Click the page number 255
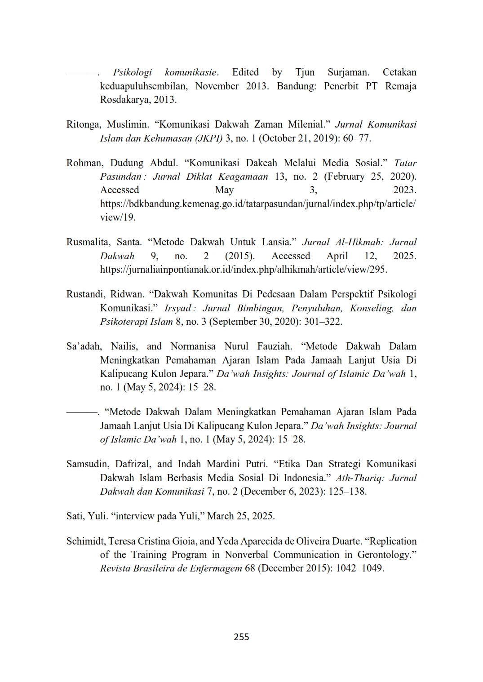[x=241, y=637]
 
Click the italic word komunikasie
[x=191, y=72]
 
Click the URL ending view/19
[x=257, y=204]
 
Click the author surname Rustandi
[x=85, y=294]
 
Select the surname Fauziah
[x=275, y=346]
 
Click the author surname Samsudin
[x=87, y=464]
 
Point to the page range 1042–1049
[x=359, y=568]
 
